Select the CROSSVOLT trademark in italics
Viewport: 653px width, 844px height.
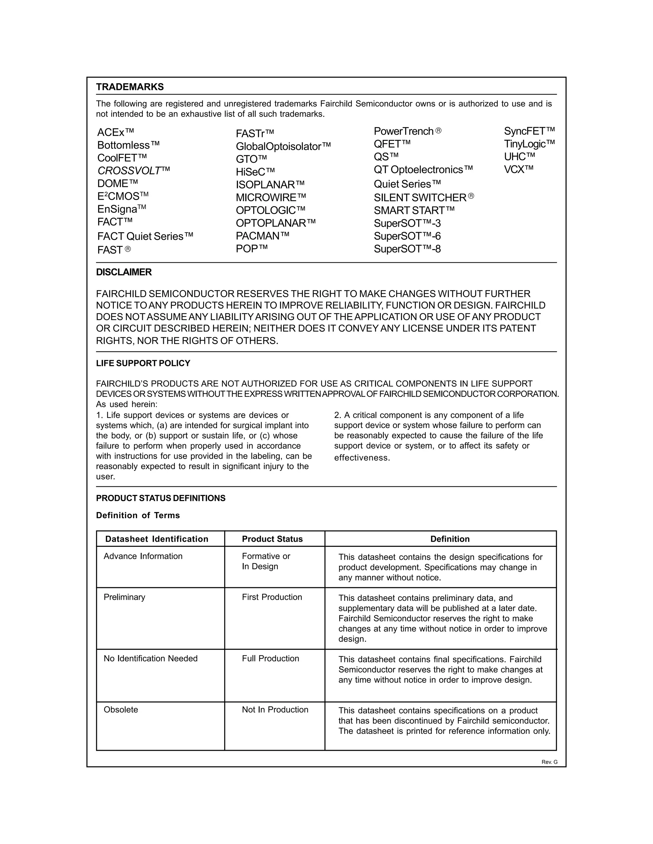pos(134,170)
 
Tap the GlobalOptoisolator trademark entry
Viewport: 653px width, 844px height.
pos(283,147)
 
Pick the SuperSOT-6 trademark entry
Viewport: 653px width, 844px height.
pos(407,236)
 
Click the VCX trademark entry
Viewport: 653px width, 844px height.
pos(518,169)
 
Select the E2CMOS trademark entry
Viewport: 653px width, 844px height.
pos(123,196)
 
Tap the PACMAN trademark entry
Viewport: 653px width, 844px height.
pos(262,236)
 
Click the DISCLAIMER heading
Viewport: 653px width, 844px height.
pos(124,272)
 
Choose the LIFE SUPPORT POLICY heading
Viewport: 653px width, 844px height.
pos(143,363)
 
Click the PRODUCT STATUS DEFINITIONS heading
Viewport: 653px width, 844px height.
pos(161,498)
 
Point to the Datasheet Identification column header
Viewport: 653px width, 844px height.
pos(157,539)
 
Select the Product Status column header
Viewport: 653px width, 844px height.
pos(272,539)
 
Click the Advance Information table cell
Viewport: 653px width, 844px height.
pos(143,556)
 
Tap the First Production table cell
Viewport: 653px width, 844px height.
pos(272,597)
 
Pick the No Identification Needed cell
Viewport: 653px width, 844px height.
pos(150,659)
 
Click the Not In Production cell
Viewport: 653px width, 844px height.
pos(275,710)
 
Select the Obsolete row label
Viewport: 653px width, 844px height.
pos(121,710)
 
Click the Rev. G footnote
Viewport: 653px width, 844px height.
pos(549,762)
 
